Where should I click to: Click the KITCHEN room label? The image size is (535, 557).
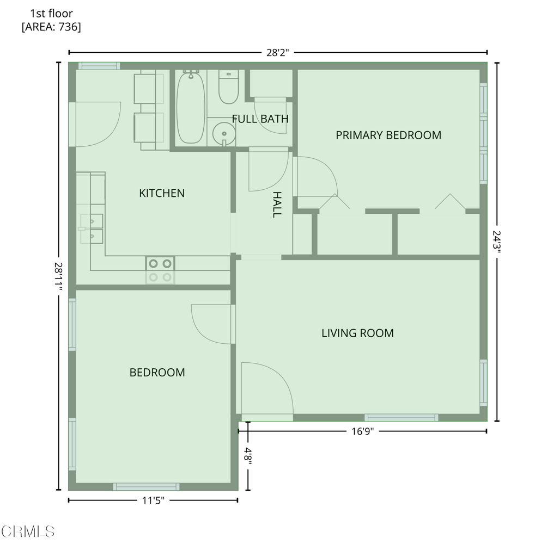coord(162,193)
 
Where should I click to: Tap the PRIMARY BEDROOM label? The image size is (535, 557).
coord(388,135)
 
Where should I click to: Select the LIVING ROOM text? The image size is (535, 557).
coord(357,333)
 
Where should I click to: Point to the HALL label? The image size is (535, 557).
coord(277,205)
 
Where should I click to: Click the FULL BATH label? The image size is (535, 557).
coord(260,119)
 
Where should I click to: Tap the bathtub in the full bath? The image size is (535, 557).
coord(191,107)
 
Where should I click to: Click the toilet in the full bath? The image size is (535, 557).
coord(228,86)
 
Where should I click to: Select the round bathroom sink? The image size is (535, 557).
coord(224,134)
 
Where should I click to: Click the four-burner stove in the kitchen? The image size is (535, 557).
coord(160,270)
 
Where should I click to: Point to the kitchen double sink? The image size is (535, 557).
coord(92,228)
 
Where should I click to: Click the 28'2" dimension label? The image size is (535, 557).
coord(278,53)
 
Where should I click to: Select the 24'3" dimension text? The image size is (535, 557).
coord(496,242)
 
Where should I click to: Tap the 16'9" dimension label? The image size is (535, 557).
coord(363,431)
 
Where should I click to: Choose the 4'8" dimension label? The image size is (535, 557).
coord(248,454)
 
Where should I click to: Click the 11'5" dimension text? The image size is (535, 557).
coord(153,500)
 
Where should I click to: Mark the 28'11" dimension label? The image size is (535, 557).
coord(59,276)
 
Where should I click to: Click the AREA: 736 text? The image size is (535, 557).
coord(51,27)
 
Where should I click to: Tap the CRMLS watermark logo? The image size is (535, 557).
coord(28,532)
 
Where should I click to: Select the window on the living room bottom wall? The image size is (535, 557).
coord(401,418)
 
